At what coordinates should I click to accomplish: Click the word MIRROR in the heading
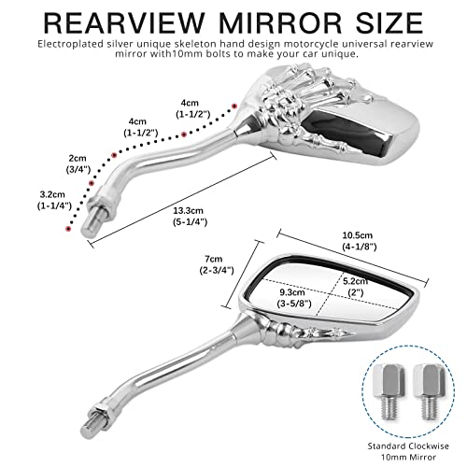[280, 22]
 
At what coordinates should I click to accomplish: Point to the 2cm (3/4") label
[78, 163]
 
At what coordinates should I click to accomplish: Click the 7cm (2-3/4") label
[217, 264]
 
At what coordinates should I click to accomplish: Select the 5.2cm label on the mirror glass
[355, 287]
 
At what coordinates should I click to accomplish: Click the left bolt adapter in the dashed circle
[389, 391]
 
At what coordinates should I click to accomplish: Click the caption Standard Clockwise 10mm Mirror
[408, 451]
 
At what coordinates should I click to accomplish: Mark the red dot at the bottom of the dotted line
[68, 229]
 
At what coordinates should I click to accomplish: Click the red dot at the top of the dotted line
[234, 106]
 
